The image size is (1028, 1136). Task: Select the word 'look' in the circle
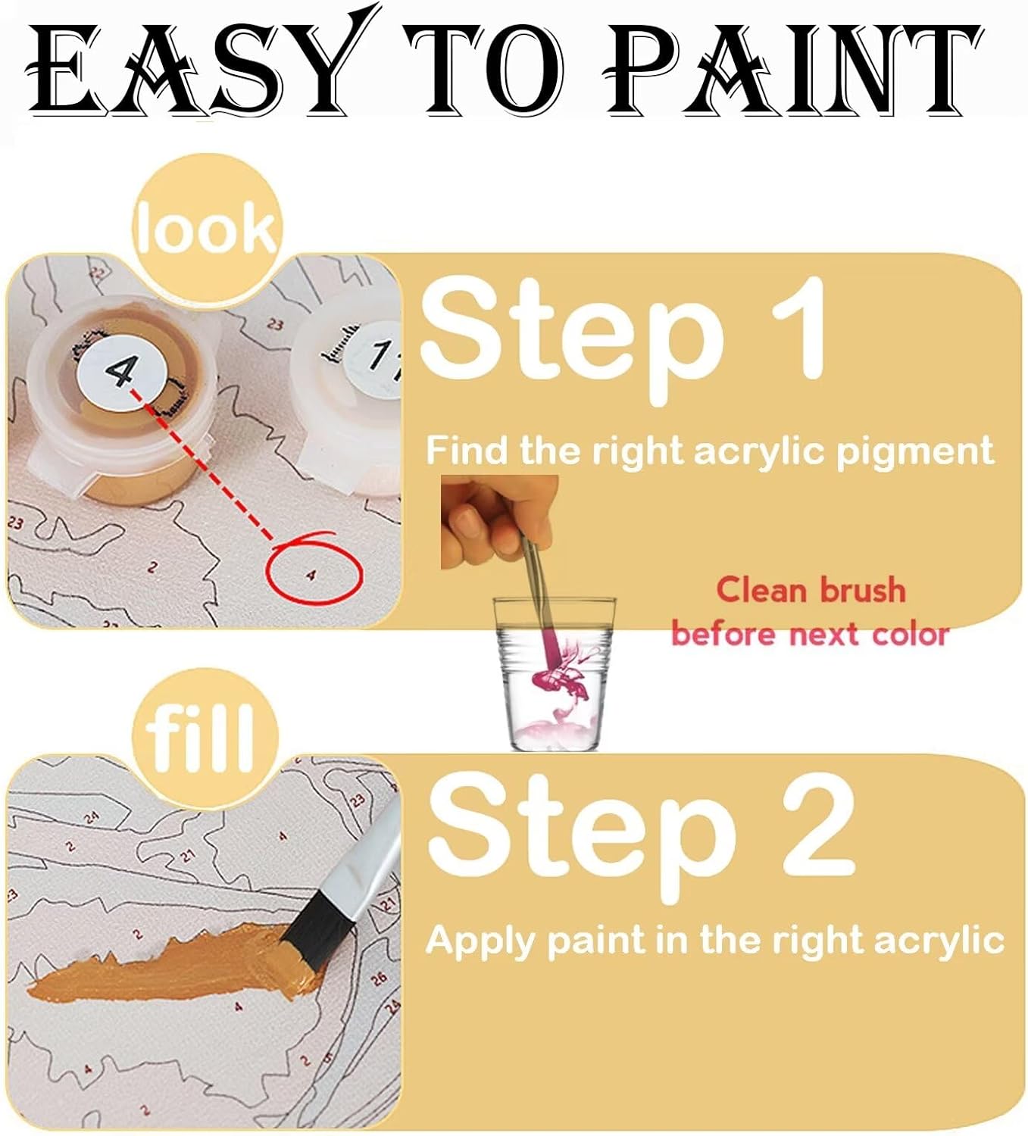click(207, 228)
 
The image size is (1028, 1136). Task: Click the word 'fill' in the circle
click(199, 738)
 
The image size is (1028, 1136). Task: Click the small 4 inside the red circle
click(311, 576)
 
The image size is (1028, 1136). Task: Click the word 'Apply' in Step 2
click(480, 942)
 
